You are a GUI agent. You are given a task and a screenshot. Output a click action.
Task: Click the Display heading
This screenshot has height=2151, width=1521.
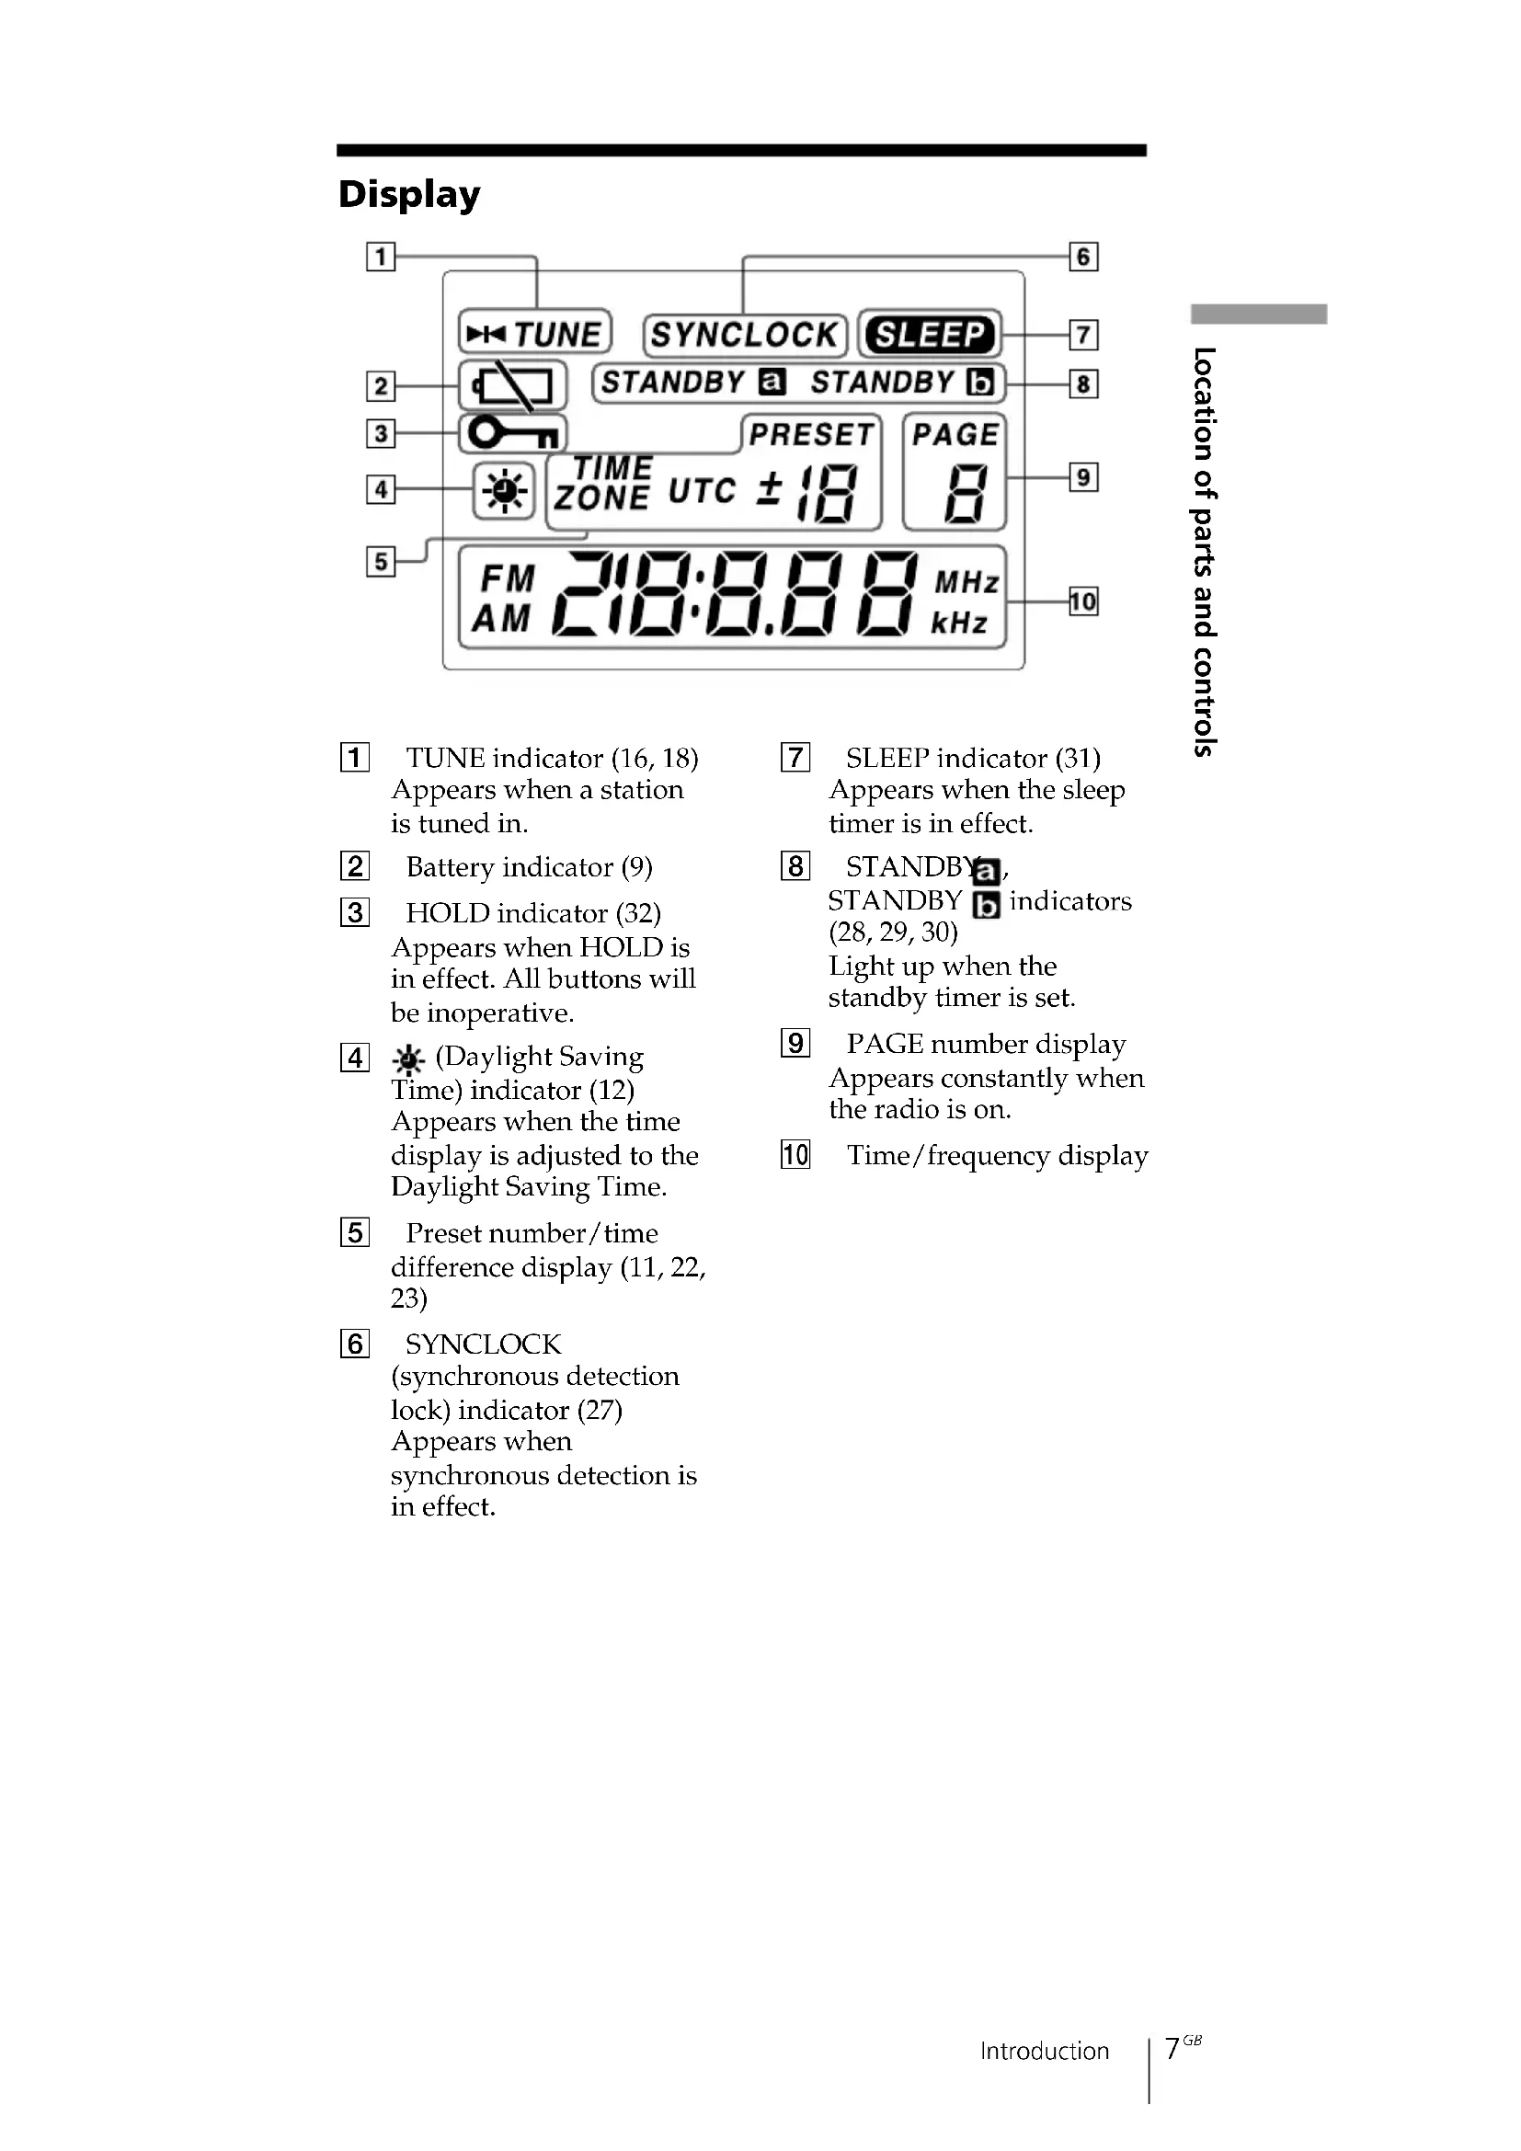click(x=409, y=194)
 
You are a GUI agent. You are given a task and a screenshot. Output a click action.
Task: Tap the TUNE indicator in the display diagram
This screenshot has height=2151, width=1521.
click(x=535, y=334)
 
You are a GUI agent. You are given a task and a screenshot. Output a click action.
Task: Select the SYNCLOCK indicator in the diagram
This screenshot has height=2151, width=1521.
click(x=745, y=335)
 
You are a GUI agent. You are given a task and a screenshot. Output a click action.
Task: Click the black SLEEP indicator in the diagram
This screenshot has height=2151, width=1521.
click(x=929, y=335)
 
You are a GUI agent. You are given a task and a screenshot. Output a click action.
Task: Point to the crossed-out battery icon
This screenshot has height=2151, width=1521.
click(x=512, y=384)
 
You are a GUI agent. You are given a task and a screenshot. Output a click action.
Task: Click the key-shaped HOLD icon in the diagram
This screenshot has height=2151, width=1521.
click(x=513, y=434)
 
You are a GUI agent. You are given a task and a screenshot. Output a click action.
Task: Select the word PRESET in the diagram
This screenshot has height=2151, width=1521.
click(x=811, y=435)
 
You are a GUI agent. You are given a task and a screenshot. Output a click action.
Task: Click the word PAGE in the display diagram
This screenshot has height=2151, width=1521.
click(x=955, y=435)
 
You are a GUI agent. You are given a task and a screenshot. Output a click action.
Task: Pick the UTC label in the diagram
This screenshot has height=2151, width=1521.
click(x=702, y=490)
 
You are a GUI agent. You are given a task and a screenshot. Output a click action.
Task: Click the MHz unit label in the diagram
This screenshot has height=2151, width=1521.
click(x=966, y=583)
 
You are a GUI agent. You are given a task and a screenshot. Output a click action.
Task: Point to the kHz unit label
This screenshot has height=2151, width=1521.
click(x=958, y=623)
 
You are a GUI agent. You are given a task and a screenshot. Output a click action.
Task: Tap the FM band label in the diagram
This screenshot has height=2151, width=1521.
click(x=507, y=579)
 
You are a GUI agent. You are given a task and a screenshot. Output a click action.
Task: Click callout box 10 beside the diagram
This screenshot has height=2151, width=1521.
click(x=1082, y=601)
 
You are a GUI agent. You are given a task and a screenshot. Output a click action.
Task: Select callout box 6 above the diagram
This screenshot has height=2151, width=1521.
click(x=1082, y=257)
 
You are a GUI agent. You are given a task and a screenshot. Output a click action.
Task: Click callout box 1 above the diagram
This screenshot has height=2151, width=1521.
click(x=381, y=257)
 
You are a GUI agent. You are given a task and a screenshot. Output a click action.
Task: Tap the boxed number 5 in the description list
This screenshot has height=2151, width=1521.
click(x=355, y=1233)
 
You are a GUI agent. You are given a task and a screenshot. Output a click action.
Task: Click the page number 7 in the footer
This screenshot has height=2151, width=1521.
click(x=1172, y=2048)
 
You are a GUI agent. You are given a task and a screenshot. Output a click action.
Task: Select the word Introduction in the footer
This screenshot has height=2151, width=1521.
click(x=1045, y=2051)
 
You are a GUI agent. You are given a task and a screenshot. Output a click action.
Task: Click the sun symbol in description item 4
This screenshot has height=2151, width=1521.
click(x=408, y=1059)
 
